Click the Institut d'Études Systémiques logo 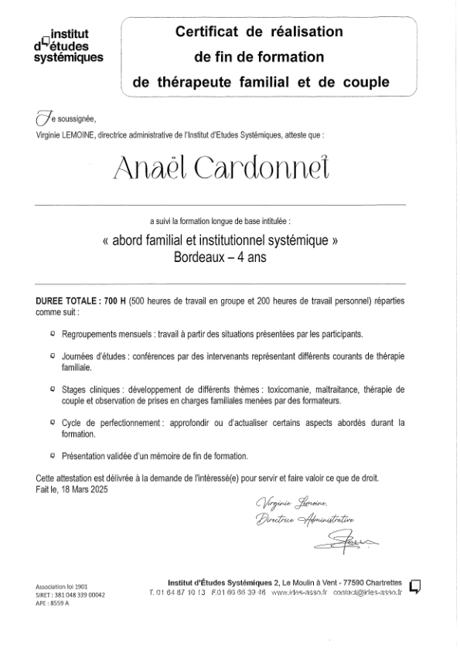pyautogui.click(x=68, y=46)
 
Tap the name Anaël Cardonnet pyautogui.click(x=221, y=169)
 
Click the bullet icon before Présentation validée pyautogui.click(x=52, y=457)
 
